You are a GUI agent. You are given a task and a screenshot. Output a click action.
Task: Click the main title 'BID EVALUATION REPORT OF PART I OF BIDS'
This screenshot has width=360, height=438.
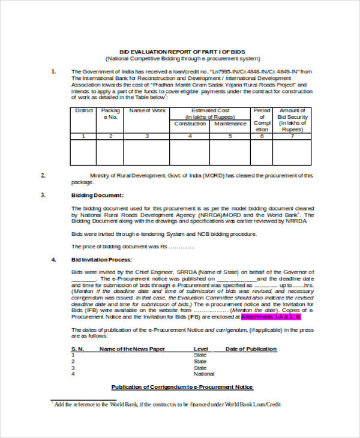pyautogui.click(x=182, y=51)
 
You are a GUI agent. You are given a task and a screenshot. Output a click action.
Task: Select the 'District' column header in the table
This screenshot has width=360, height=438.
pyautogui.click(x=83, y=111)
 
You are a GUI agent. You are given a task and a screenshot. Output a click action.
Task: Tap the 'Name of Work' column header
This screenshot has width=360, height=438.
pyautogui.click(x=147, y=111)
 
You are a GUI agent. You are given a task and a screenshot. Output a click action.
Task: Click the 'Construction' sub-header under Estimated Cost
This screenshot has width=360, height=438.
pyautogui.click(x=190, y=124)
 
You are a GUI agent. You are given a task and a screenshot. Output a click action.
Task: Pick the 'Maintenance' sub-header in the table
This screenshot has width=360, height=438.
pyautogui.click(x=230, y=124)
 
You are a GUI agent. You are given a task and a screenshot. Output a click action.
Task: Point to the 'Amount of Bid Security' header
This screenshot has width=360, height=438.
pyautogui.click(x=292, y=120)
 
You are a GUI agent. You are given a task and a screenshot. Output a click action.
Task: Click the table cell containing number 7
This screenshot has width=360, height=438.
pyautogui.click(x=292, y=136)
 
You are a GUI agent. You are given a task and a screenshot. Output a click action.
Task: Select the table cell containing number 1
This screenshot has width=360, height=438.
pyautogui.click(x=83, y=136)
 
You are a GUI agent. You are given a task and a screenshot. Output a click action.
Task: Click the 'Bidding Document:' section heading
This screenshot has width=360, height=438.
pyautogui.click(x=97, y=195)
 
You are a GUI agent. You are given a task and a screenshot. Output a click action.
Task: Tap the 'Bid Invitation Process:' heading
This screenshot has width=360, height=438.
pyautogui.click(x=101, y=260)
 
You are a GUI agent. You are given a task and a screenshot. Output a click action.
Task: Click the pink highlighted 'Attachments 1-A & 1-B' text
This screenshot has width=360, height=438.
pyautogui.click(x=270, y=316)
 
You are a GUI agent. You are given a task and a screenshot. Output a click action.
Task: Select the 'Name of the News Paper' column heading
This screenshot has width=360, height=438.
pyautogui.click(x=133, y=349)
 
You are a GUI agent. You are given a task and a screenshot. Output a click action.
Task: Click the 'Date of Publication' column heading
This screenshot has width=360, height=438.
pyautogui.click(x=251, y=349)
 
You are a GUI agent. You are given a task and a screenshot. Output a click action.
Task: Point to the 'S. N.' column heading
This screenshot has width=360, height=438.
pyautogui.click(x=77, y=349)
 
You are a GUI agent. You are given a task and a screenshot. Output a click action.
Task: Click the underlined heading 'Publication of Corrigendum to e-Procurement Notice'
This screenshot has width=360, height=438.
pyautogui.click(x=182, y=387)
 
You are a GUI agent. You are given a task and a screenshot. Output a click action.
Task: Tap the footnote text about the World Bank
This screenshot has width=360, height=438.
pyautogui.click(x=168, y=404)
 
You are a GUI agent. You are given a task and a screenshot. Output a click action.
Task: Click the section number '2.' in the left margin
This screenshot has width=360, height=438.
pyautogui.click(x=43, y=175)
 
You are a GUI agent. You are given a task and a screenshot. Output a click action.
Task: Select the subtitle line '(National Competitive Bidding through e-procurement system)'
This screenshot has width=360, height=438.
pyautogui.click(x=182, y=58)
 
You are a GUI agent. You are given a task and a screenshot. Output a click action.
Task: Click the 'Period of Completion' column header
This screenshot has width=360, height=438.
pyautogui.click(x=262, y=120)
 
